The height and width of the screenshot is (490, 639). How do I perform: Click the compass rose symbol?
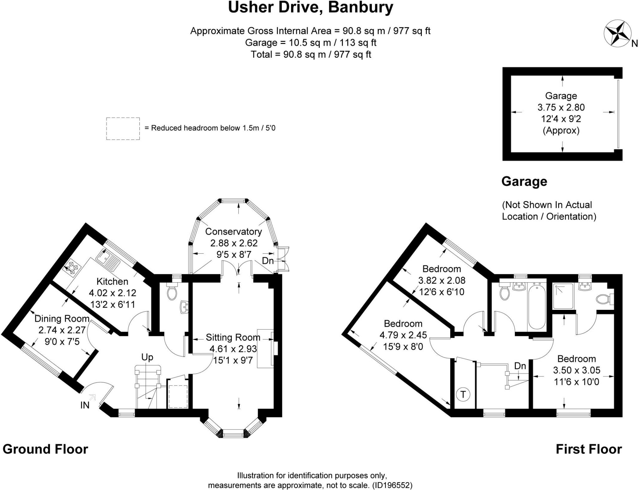617,33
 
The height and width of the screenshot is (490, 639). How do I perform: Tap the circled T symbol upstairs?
463,394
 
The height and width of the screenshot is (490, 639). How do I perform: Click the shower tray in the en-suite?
563,296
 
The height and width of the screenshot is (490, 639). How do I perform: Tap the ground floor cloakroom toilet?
172,292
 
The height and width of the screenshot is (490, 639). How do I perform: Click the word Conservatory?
233,232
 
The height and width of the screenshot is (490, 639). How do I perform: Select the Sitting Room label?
233,337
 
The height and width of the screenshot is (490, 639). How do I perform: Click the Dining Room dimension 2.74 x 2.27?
62,330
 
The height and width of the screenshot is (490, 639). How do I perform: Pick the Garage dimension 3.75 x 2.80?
561,108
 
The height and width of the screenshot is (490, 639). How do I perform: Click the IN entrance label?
85,405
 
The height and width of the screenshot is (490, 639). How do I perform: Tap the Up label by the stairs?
147,357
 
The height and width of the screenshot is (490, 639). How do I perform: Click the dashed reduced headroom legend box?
123,128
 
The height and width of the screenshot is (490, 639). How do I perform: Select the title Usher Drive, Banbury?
310,7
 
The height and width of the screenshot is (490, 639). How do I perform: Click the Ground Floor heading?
46,449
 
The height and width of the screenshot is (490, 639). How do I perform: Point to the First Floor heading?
589,449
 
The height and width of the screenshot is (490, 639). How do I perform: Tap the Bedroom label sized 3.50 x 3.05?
576,359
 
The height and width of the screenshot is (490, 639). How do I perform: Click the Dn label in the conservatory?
268,261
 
